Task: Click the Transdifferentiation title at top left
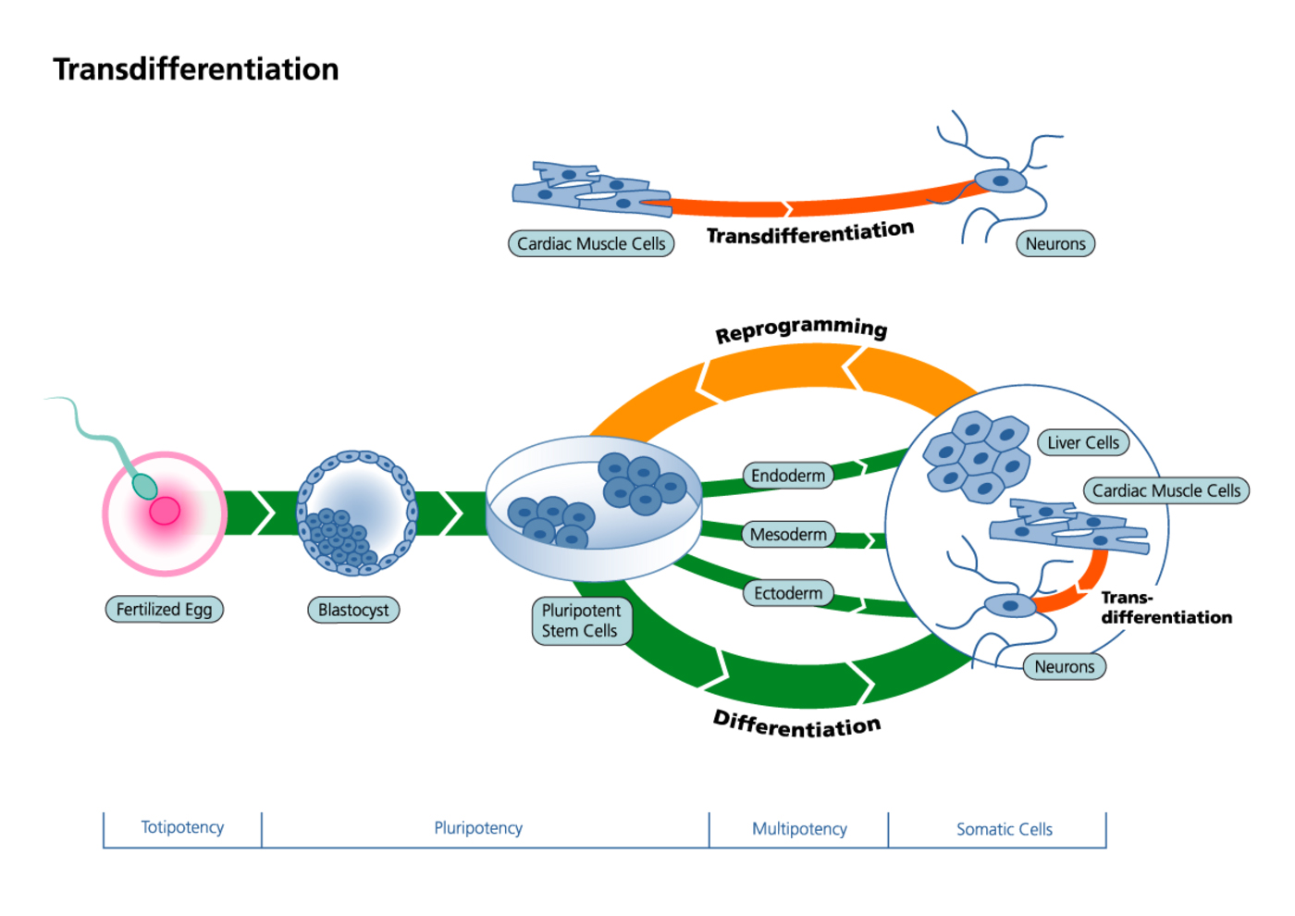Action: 196,69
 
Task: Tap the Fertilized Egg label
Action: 164,610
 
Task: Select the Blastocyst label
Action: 353,610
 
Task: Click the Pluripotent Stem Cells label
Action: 581,621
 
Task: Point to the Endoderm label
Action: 788,476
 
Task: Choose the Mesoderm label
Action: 788,534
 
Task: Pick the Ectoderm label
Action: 788,593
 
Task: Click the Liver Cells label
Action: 1083,443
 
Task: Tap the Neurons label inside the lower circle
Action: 1065,666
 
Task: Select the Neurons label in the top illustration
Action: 1055,244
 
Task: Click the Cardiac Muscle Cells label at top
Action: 591,244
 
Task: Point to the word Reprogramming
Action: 801,329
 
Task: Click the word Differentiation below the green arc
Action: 796,724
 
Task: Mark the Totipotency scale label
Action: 182,827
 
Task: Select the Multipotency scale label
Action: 799,829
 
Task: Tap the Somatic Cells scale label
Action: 1005,829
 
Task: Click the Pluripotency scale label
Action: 478,828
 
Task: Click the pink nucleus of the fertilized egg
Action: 165,511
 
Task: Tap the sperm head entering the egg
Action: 144,485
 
